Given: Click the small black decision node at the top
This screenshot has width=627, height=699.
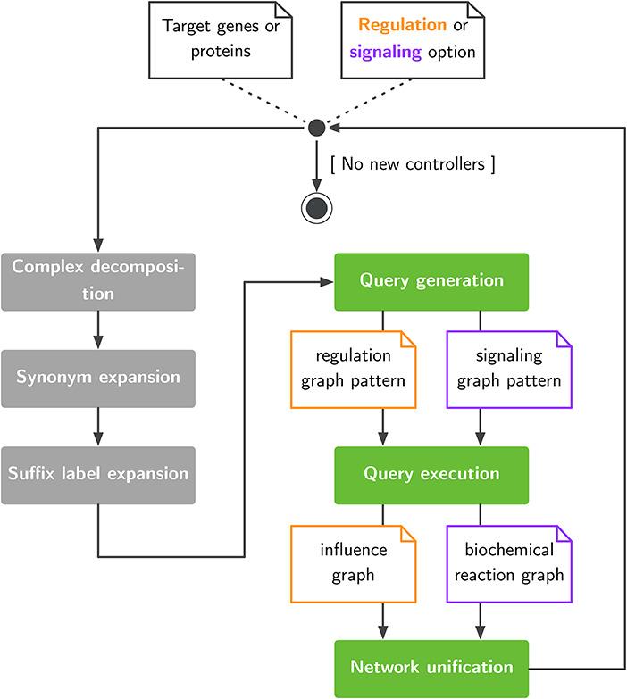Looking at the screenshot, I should click(316, 129).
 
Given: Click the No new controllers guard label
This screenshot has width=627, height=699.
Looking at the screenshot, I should click(412, 164).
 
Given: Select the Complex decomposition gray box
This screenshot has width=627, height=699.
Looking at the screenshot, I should click(97, 280).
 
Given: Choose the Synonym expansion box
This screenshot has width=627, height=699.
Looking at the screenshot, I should click(97, 377).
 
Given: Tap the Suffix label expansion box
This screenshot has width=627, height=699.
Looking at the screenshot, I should click(97, 473).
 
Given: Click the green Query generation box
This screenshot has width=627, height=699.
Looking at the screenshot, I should click(431, 280).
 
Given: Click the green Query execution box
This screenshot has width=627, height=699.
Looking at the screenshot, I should click(431, 473).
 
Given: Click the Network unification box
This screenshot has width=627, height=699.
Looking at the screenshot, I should click(431, 666).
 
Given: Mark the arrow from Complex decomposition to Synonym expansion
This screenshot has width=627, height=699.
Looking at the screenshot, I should click(97, 329).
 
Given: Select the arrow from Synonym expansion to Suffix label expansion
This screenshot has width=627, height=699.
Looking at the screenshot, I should click(97, 425).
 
